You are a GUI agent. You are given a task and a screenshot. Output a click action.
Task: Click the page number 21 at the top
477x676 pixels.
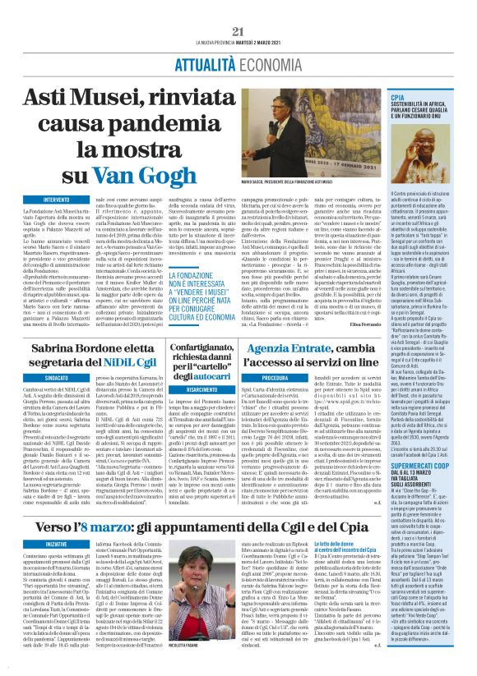pyautogui.click(x=239, y=31)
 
